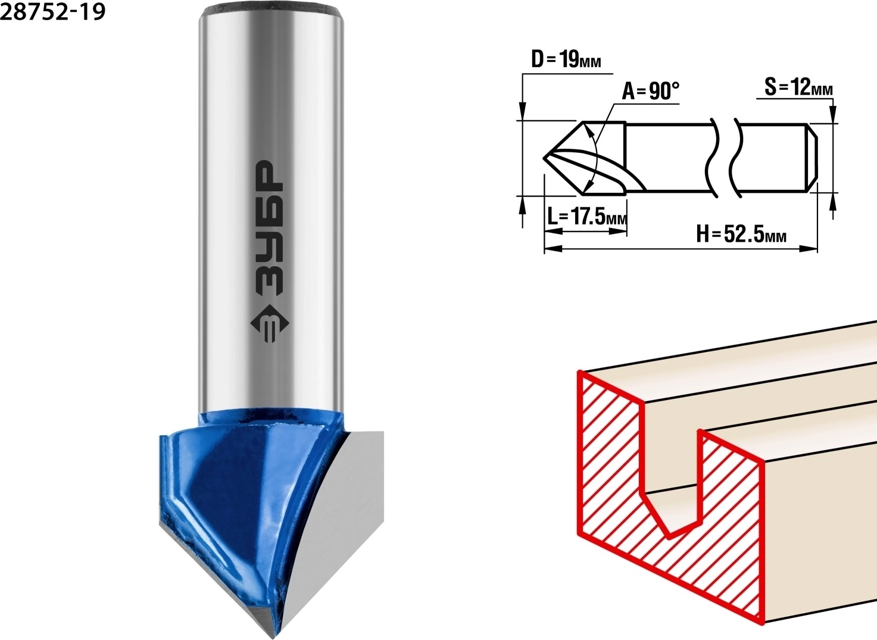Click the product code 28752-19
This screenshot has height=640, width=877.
point(53,12)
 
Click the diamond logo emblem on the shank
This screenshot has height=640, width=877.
point(269,323)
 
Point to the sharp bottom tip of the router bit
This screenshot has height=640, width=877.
point(273,636)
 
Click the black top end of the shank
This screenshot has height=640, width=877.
point(271,7)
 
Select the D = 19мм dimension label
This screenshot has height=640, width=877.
point(566,60)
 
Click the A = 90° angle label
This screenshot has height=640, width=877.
point(651,91)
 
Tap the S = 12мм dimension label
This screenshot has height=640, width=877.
point(798,87)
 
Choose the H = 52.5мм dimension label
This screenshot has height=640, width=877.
point(741,234)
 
